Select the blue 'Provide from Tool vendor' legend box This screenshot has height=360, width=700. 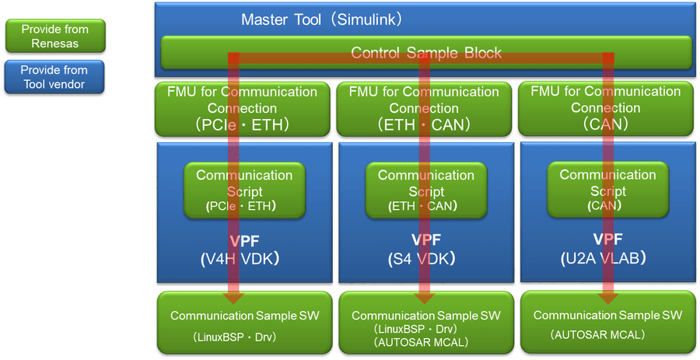pyautogui.click(x=54, y=77)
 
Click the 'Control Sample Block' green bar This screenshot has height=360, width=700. pyautogui.click(x=426, y=53)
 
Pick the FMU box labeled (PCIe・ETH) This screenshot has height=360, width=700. pyautogui.click(x=243, y=108)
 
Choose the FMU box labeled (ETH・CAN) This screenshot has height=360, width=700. pyautogui.click(x=424, y=108)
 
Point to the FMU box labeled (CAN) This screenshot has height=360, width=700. pyautogui.click(x=607, y=108)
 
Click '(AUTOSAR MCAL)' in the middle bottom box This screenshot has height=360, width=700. pyautogui.click(x=425, y=342)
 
